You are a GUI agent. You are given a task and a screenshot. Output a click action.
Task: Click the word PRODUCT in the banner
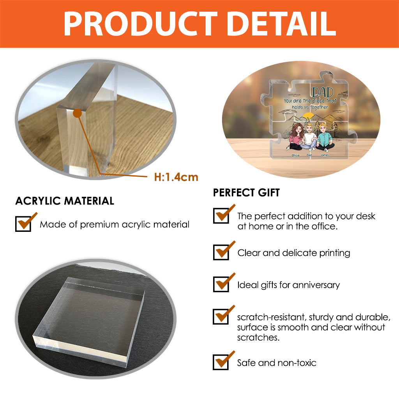click(140, 24)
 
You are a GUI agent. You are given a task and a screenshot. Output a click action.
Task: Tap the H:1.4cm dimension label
click(176, 177)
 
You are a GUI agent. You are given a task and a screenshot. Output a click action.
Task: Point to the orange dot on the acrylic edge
click(78, 113)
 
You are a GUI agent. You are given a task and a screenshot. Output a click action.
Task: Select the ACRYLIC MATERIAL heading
click(65, 201)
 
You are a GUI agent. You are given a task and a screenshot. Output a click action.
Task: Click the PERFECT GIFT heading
click(246, 192)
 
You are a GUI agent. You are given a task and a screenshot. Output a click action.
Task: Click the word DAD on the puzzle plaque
click(322, 92)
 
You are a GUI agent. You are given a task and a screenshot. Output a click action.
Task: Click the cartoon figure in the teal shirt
click(324, 137)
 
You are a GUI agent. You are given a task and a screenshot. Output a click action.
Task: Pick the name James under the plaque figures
click(325, 155)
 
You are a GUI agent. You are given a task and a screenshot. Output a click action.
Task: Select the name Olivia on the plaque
click(295, 155)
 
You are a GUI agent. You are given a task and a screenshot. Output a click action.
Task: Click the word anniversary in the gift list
click(316, 285)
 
